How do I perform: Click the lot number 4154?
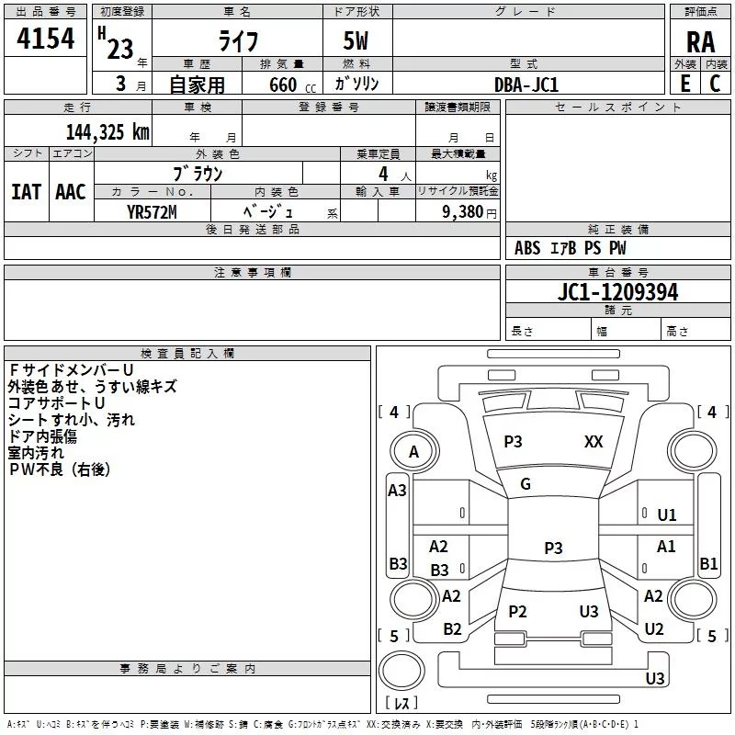(45, 39)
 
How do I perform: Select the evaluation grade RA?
(700, 42)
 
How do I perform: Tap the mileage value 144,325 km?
(107, 132)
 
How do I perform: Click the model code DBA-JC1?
(526, 85)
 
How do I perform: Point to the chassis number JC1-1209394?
(617, 292)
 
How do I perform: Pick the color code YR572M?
(152, 212)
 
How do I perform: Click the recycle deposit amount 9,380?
(462, 212)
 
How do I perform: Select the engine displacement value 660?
(283, 85)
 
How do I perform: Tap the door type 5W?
(356, 40)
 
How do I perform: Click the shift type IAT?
(27, 192)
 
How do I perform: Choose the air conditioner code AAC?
(71, 192)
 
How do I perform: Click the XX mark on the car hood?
(594, 442)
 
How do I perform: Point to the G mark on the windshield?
(526, 484)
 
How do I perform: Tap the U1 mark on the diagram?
(667, 515)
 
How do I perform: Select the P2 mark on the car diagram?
(517, 611)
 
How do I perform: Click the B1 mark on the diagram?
(708, 563)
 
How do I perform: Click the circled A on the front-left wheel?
(414, 452)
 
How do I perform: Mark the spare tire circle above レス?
(401, 671)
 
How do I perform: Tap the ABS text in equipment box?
(527, 248)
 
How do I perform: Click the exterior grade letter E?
(684, 84)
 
